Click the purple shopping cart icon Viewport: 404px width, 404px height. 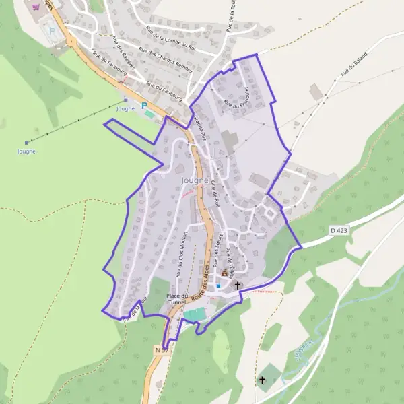(35, 7)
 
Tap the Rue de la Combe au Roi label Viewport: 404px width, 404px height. (170, 38)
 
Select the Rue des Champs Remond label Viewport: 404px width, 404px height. (165, 58)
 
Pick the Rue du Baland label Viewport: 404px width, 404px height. (354, 63)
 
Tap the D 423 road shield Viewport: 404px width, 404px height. (340, 230)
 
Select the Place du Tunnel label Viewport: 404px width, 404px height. (176, 299)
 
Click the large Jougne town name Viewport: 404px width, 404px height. (195, 180)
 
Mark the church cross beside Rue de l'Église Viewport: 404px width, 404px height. (238, 285)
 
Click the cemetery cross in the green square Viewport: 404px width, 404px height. (263, 380)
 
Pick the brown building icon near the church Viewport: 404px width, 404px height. (224, 274)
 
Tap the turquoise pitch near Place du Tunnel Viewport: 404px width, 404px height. (195, 314)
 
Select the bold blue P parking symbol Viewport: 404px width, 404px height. (143, 106)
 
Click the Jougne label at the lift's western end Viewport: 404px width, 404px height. (26, 151)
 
